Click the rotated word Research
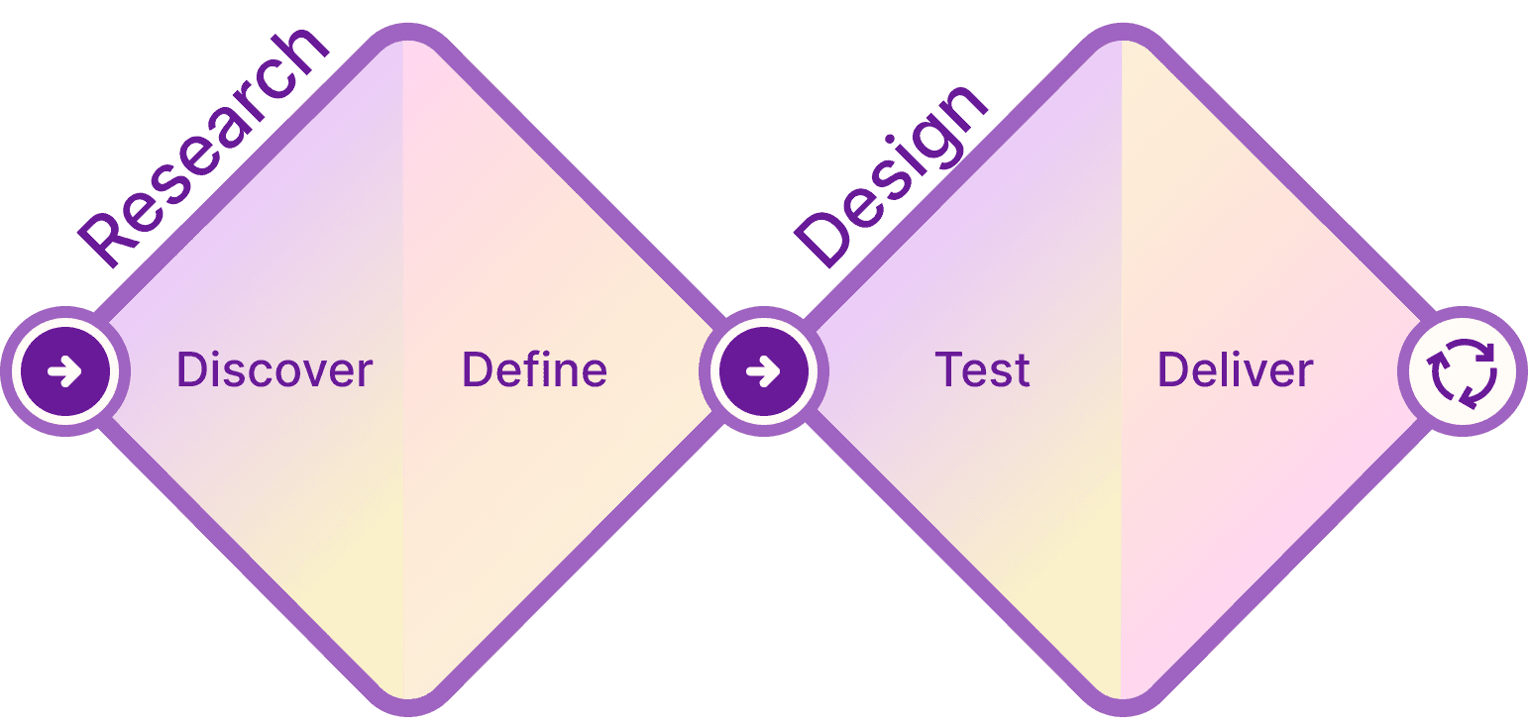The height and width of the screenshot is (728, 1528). click(203, 149)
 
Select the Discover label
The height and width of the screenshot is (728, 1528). click(274, 370)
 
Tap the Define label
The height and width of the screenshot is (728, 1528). click(534, 370)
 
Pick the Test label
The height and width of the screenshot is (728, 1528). click(982, 370)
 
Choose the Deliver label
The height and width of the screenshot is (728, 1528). click(1235, 370)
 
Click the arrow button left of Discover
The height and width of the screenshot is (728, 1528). click(65, 372)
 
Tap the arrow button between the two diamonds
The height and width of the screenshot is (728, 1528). click(763, 372)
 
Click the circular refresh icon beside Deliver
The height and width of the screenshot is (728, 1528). click(1463, 372)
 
